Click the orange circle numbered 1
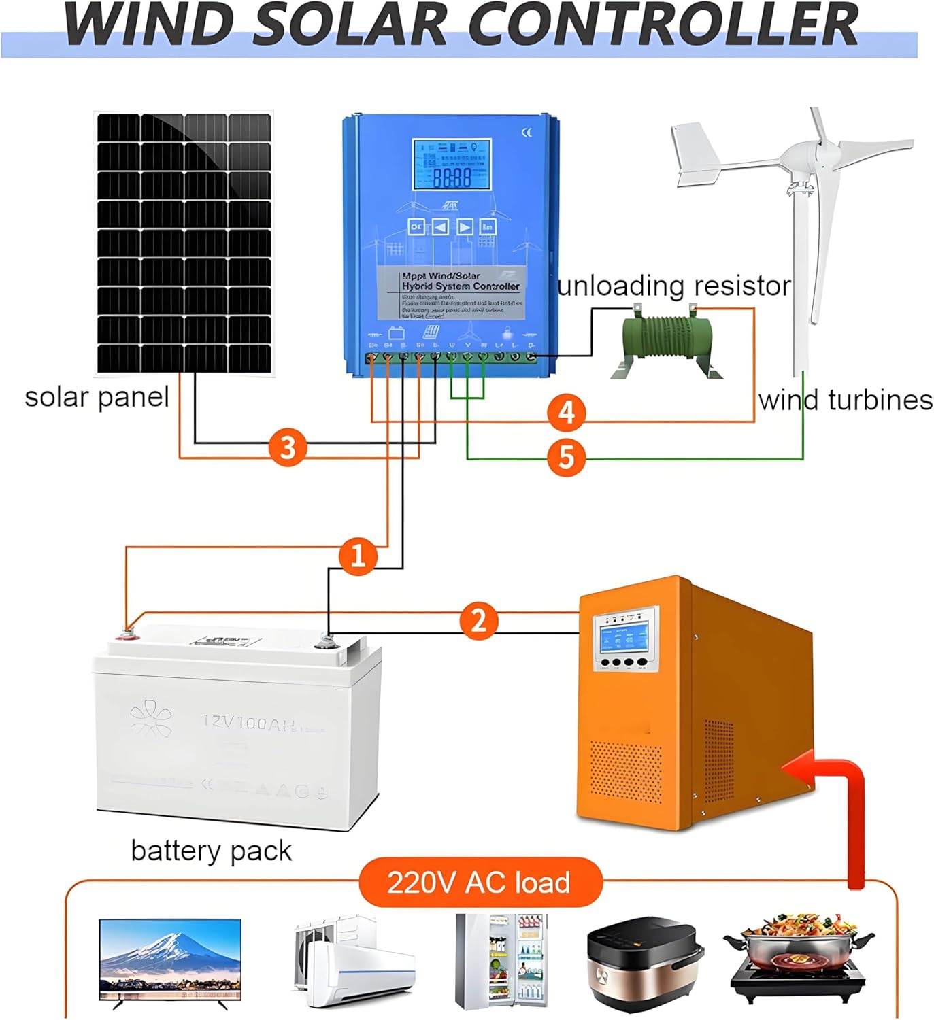(358, 556)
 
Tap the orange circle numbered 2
(479, 621)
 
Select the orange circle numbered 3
(288, 448)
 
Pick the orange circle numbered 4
(567, 412)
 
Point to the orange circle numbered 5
(567, 457)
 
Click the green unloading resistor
(666, 342)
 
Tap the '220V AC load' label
(479, 883)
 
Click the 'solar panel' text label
(97, 397)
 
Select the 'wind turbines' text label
(846, 400)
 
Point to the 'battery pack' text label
(211, 851)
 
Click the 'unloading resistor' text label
(673, 286)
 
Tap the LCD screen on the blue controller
(452, 165)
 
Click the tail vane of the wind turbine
(697, 155)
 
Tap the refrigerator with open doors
(501, 960)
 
